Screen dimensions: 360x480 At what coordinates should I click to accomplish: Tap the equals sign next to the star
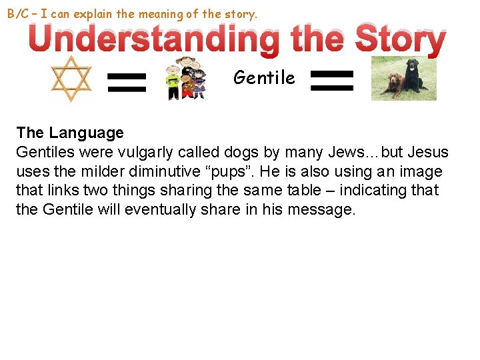click(x=127, y=83)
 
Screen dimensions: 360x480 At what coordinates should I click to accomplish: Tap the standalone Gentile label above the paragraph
click(x=264, y=78)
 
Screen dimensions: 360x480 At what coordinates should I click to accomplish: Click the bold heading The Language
click(x=70, y=133)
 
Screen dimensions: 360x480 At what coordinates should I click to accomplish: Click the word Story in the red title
click(x=400, y=40)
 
